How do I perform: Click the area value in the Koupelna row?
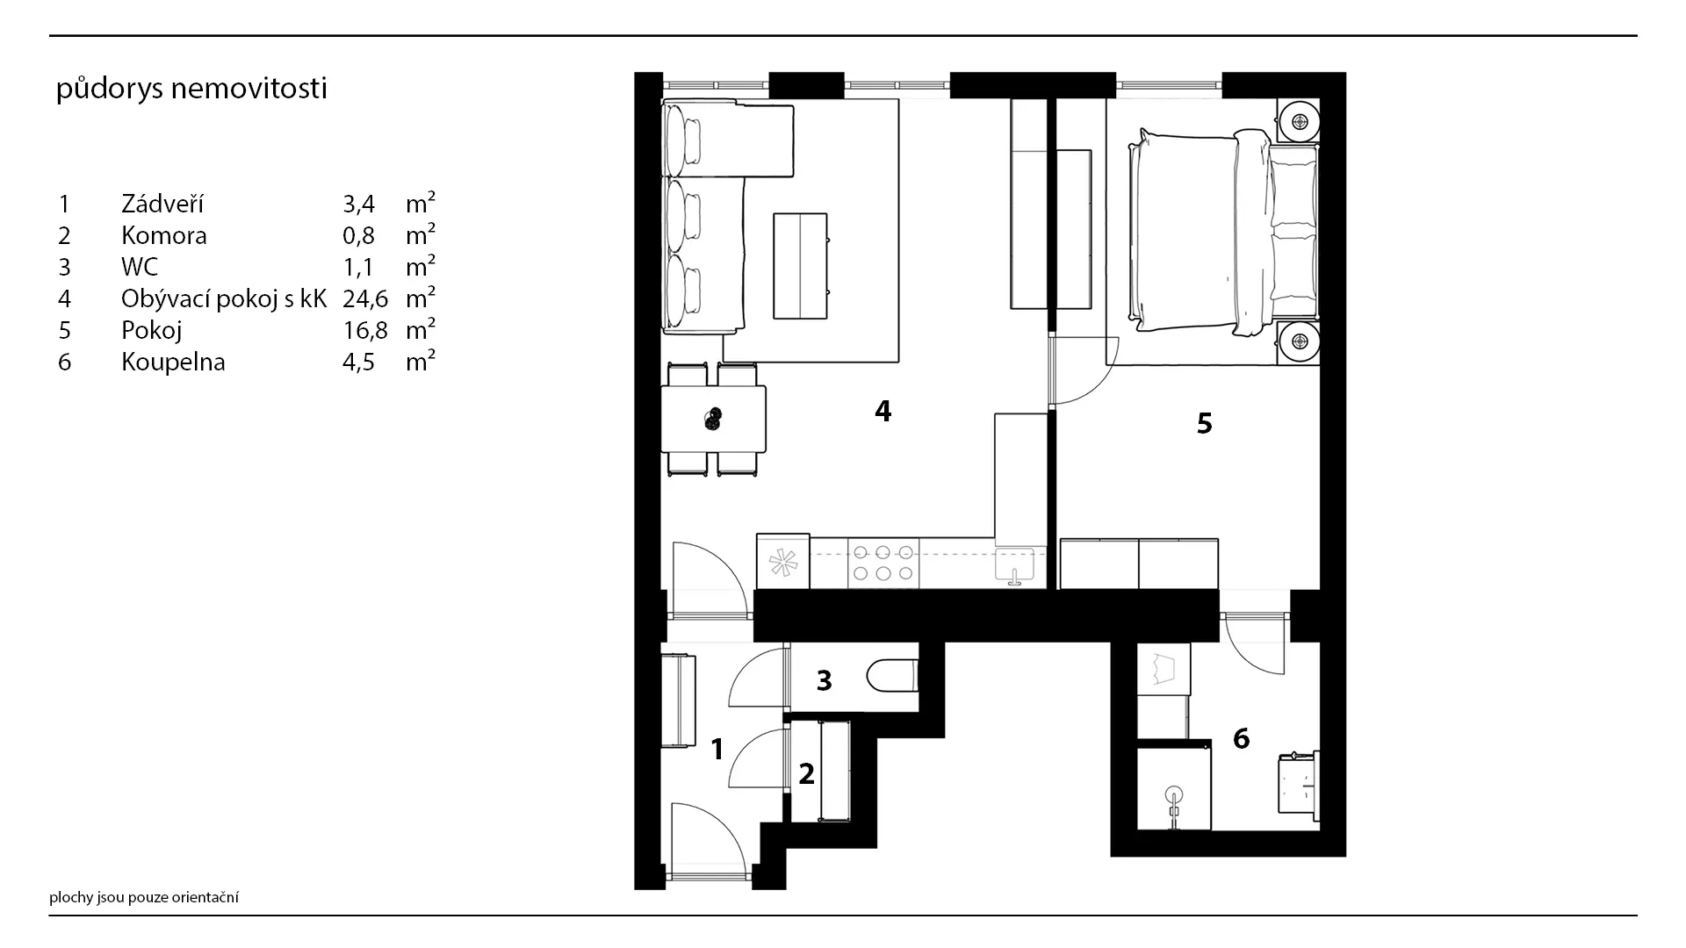[x=358, y=362]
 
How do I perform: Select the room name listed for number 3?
[x=140, y=267]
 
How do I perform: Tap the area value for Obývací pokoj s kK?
[x=364, y=298]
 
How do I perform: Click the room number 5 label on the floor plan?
[x=1204, y=424]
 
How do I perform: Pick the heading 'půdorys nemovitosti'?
[x=191, y=89]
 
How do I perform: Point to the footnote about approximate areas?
[x=144, y=897]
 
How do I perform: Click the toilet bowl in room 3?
[x=892, y=677]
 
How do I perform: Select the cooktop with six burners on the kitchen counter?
[x=883, y=563]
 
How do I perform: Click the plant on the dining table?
[x=713, y=420]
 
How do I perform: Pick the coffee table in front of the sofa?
[x=800, y=265]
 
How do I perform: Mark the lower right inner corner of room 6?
[x=1320, y=830]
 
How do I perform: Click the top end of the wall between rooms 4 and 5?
[x=1052, y=98]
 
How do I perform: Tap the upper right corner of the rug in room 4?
[x=899, y=98]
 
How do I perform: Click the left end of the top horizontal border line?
[x=50, y=36]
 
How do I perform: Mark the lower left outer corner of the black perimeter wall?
[x=635, y=889]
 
